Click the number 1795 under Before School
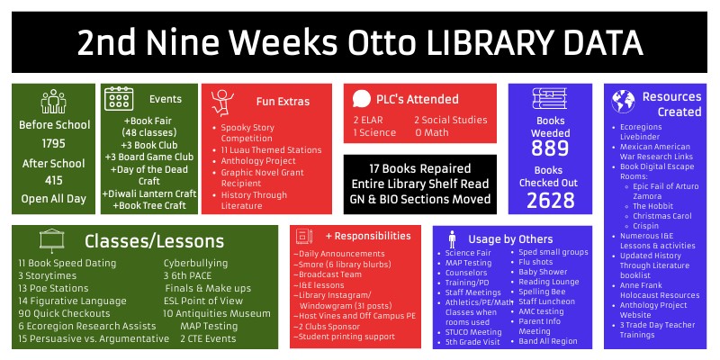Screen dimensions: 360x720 [x=53, y=143]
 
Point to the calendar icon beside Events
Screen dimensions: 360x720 [x=120, y=99]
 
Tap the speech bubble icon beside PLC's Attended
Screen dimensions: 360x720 [x=362, y=99]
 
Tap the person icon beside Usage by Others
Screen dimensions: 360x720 [x=451, y=238]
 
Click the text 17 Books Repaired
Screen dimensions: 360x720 [x=418, y=168]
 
